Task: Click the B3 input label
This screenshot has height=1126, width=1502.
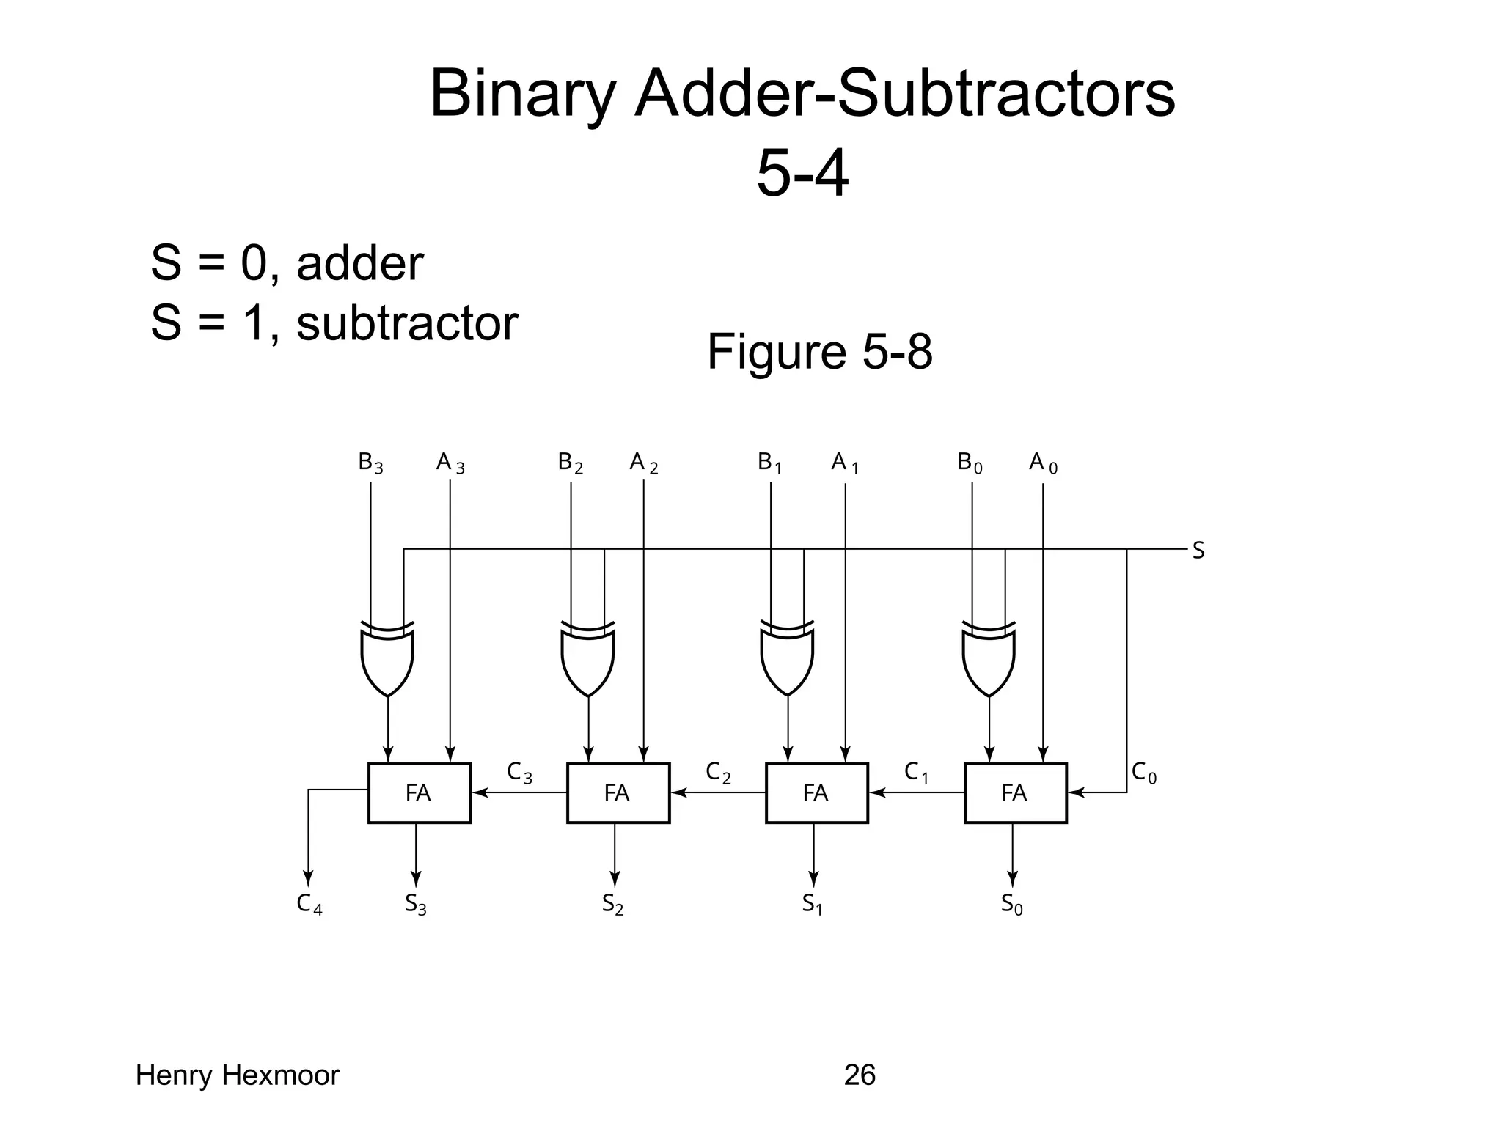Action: (x=370, y=463)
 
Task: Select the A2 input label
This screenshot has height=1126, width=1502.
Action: (x=643, y=463)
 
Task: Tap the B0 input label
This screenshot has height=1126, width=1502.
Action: (x=970, y=463)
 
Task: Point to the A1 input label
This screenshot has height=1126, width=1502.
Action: (x=844, y=463)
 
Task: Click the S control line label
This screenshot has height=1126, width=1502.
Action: (x=1198, y=550)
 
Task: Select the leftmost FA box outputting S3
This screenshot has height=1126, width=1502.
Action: (x=419, y=792)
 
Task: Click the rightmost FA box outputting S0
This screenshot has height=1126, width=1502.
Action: (x=1015, y=792)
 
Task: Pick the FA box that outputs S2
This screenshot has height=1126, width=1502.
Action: (x=618, y=792)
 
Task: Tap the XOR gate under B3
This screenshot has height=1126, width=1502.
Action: (x=387, y=658)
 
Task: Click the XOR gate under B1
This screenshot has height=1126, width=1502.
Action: (x=787, y=658)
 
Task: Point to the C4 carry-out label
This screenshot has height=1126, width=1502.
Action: (x=309, y=904)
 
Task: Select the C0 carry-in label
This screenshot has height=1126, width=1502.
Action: (x=1143, y=772)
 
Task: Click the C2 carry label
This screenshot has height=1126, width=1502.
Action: (x=717, y=772)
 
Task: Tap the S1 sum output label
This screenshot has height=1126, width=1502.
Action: (x=812, y=904)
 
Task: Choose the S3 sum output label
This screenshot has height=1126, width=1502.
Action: (x=415, y=904)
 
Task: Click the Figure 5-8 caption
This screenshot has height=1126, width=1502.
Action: (x=819, y=352)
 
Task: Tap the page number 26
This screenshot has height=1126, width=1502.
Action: (x=860, y=1075)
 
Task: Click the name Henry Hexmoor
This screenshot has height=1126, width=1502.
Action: (x=238, y=1075)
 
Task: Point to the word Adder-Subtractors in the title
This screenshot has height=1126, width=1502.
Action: (x=904, y=94)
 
